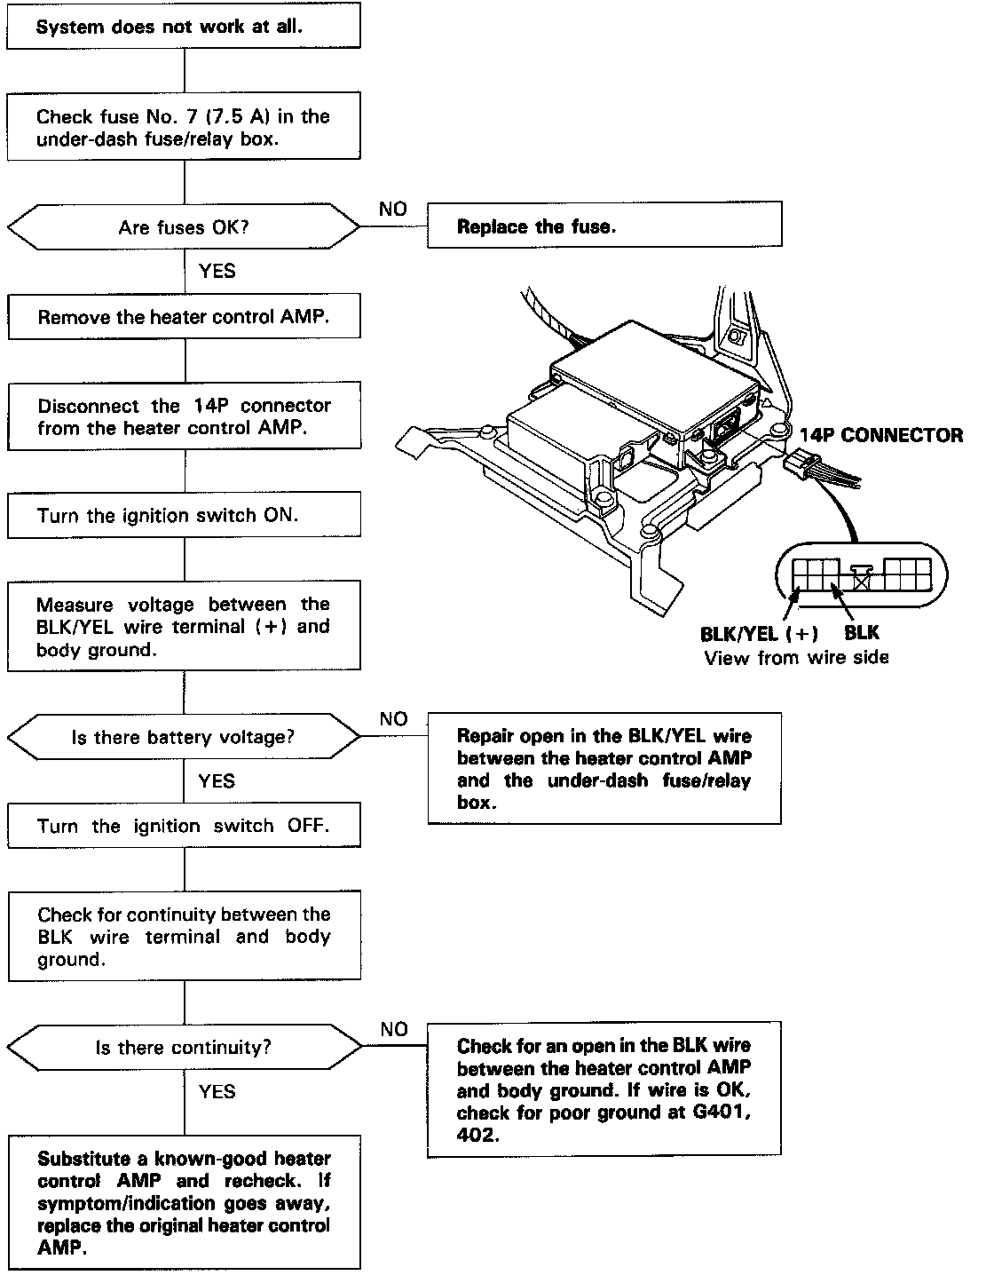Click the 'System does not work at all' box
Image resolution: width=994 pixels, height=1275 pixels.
184,27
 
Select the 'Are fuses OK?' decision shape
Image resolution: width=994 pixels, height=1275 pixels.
184,227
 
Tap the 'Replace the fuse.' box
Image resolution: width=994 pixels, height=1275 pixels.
604,226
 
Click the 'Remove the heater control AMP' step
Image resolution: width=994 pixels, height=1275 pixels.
184,317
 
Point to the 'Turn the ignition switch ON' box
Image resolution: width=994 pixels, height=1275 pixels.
184,516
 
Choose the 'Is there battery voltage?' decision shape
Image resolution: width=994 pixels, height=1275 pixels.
184,737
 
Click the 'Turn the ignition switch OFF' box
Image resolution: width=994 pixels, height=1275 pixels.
184,826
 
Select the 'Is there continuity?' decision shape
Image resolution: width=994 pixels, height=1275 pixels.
184,1048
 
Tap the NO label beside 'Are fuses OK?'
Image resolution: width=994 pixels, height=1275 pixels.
392,209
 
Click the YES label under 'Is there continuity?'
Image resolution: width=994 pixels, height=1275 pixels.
217,1091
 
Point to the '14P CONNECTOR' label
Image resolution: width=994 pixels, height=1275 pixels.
880,435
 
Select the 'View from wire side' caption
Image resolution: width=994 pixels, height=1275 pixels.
796,658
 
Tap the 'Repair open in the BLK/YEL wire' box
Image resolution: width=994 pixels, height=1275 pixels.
604,768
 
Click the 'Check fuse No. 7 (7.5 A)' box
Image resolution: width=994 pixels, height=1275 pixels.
184,128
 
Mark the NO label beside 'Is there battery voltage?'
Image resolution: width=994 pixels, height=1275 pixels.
392,719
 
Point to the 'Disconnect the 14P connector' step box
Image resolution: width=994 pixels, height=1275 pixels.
184,416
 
